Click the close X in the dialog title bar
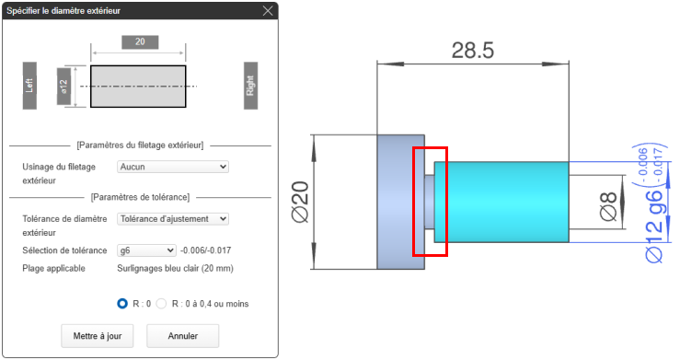(x=268, y=10)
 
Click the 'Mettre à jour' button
(x=98, y=336)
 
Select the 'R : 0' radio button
(x=122, y=304)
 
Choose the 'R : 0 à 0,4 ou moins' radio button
(x=161, y=304)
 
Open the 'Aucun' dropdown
(x=173, y=167)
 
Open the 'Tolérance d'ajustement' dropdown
(x=173, y=219)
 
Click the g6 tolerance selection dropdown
(x=146, y=250)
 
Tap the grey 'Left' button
(x=29, y=86)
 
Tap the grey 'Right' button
(x=250, y=86)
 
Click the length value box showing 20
(x=140, y=42)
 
